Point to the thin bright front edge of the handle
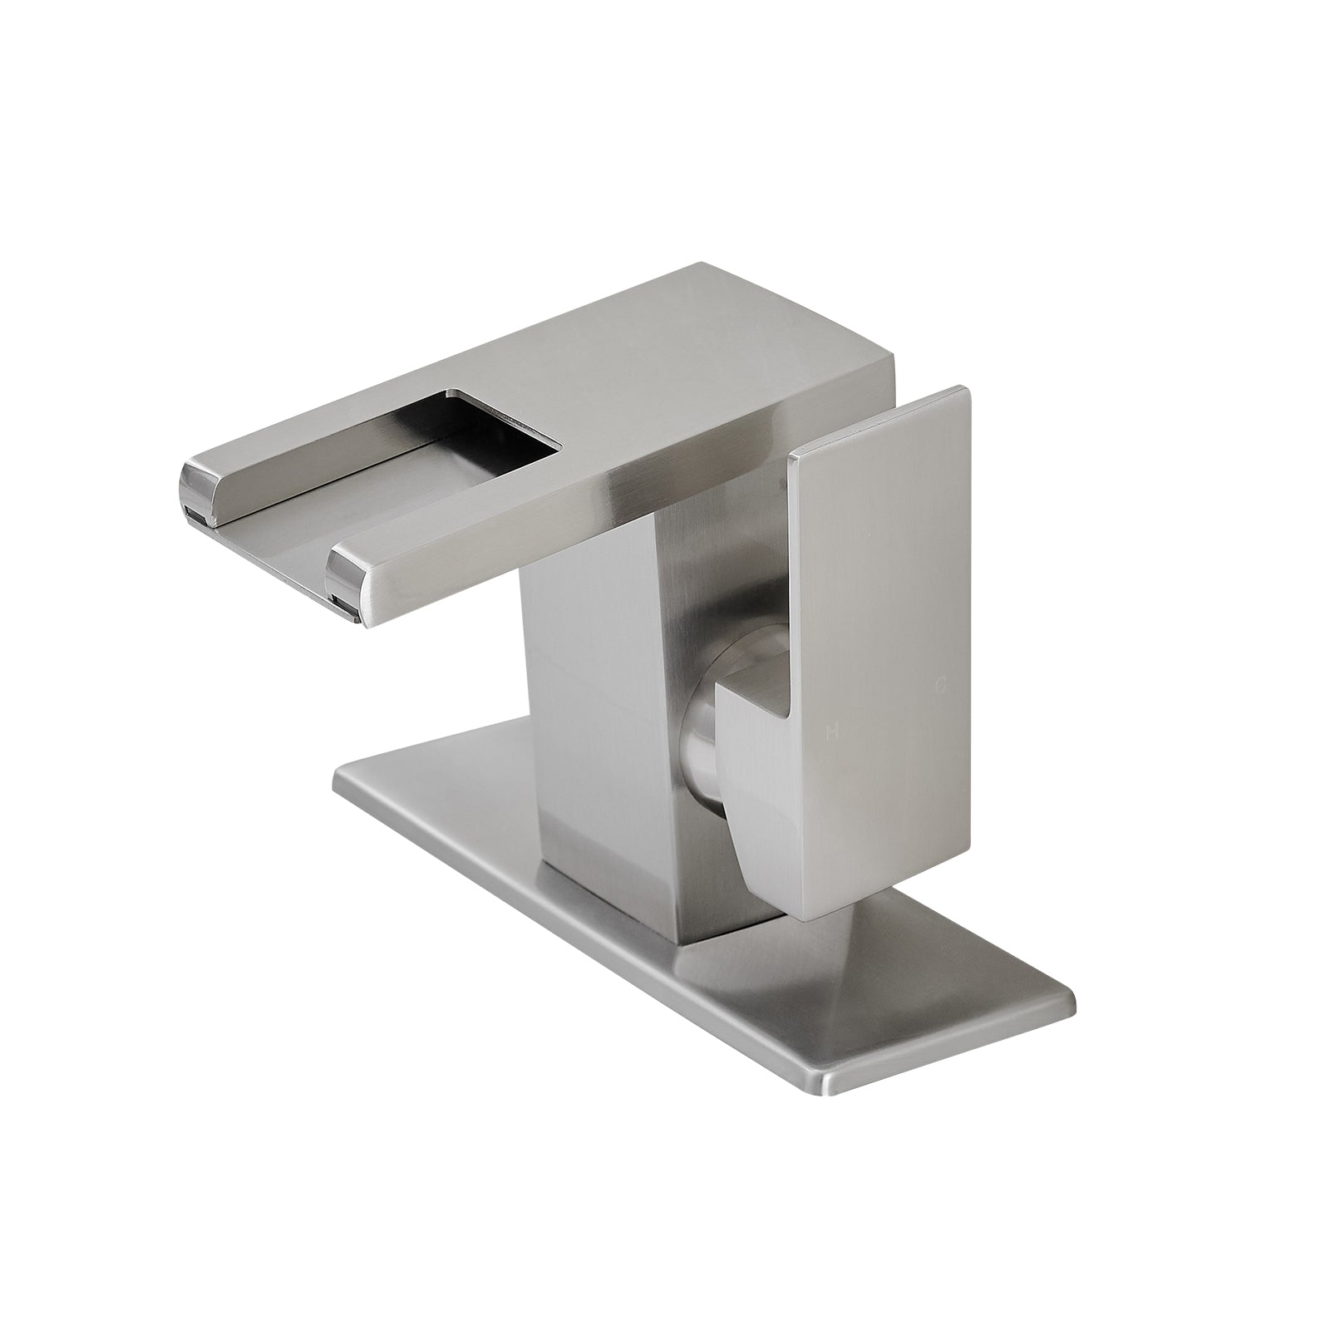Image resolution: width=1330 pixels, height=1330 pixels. [792, 582]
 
